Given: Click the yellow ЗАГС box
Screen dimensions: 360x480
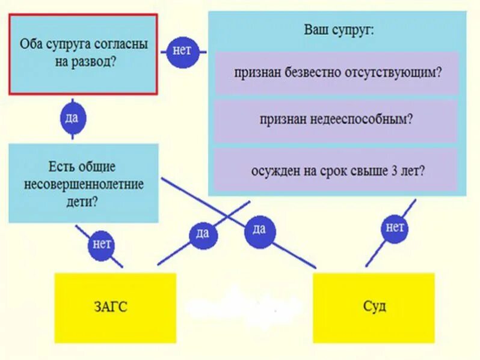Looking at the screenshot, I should [x=115, y=308].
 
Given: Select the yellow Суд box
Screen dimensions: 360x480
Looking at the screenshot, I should [x=374, y=307].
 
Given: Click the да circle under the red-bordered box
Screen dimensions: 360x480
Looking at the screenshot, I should [x=72, y=118].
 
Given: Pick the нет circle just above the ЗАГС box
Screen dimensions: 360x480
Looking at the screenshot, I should [x=102, y=244].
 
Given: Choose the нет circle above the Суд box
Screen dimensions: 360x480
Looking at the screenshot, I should [x=395, y=227].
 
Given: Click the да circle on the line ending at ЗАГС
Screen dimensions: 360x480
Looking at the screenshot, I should [x=202, y=233].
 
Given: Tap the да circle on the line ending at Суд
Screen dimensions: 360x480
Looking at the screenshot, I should [x=259, y=228].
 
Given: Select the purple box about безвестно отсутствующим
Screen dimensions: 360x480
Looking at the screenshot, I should [x=337, y=72].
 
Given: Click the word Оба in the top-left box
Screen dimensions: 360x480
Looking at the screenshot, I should [x=30, y=44].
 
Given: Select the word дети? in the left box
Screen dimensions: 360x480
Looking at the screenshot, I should [x=84, y=202].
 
